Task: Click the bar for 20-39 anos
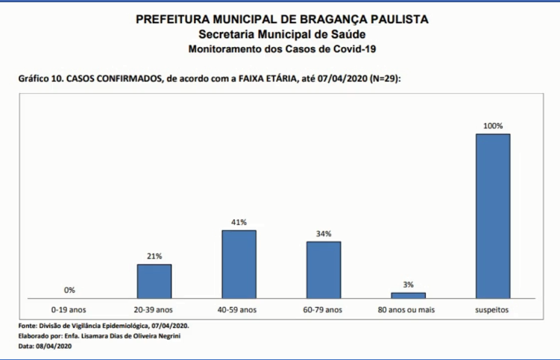pos(154,281)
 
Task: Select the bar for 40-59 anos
pos(239,264)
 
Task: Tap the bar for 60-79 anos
pos(323,269)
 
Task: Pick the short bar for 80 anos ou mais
pos(408,295)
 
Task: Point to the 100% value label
pos(493,126)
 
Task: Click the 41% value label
pos(239,222)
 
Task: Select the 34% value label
pos(323,233)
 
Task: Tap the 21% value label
pos(154,256)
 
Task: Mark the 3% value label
pos(408,284)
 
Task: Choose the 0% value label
pos(69,290)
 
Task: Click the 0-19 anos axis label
pos(69,309)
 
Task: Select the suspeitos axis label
pos(493,309)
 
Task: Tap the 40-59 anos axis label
pos(239,309)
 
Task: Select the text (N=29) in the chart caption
pos(384,78)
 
